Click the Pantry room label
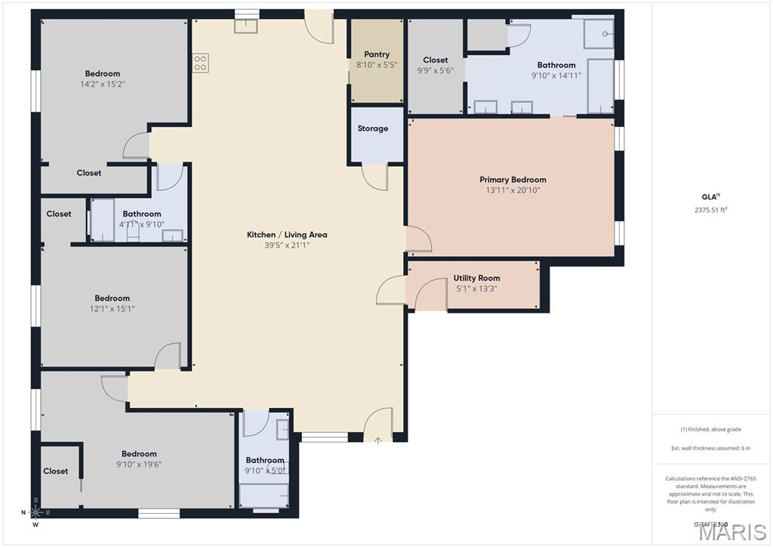pos(377,54)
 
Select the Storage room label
pos(373,128)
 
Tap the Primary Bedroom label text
pos(513,180)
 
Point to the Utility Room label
pos(477,278)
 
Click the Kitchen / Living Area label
pos(287,235)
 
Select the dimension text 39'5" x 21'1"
pos(287,245)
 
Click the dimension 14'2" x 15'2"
pos(103,84)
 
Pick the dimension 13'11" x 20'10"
pos(513,190)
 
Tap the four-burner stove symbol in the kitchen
pos(200,63)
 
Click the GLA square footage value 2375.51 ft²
pos(710,211)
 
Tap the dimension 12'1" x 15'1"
pos(112,308)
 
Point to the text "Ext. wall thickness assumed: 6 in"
pos(710,449)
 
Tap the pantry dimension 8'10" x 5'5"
pos(377,65)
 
